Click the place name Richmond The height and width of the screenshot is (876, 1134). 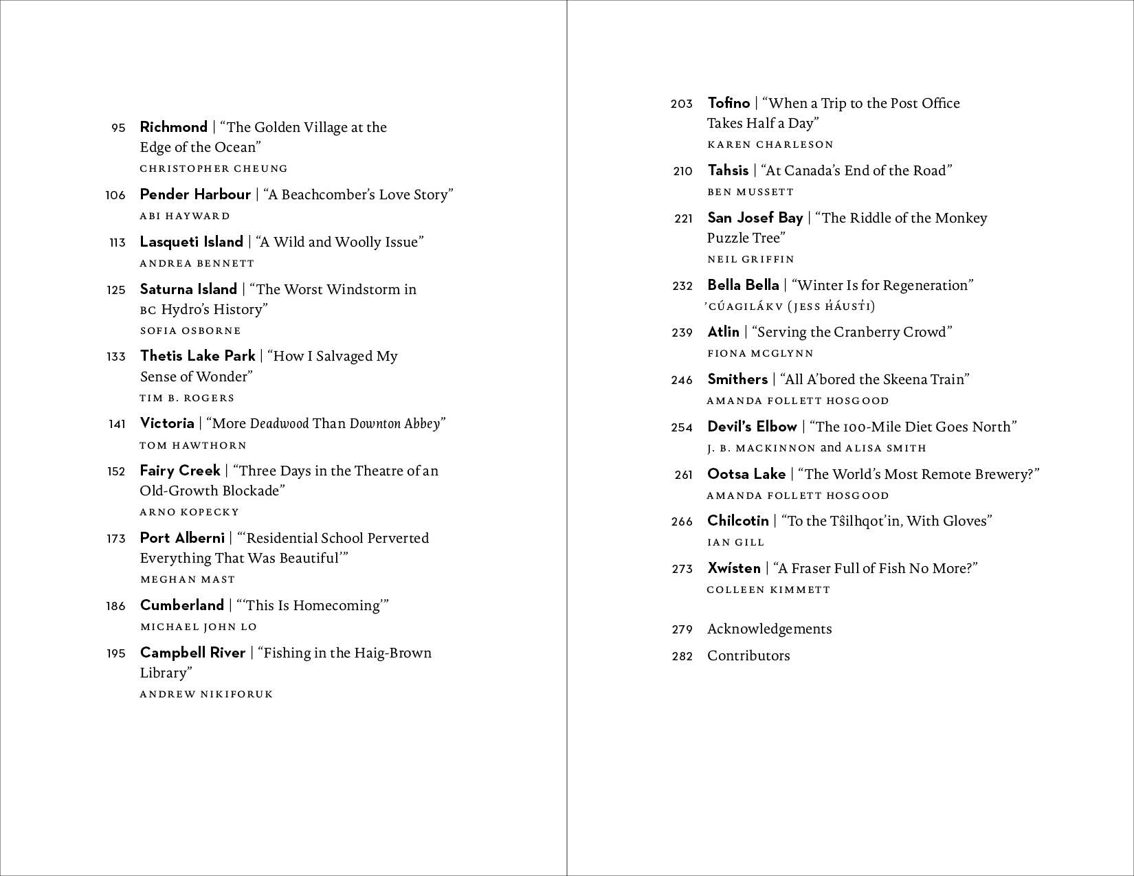173,127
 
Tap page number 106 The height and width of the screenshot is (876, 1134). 115,195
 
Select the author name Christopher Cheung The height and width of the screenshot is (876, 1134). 214,168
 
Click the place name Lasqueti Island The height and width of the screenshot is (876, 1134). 191,242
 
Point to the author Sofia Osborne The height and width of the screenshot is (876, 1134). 190,330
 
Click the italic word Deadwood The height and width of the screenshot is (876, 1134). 279,424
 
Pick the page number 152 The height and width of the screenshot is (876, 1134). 116,471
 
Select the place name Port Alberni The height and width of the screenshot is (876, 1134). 182,538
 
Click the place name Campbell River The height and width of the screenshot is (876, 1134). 192,653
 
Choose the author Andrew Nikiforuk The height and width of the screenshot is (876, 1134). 206,694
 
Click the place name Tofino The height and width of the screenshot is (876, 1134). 729,103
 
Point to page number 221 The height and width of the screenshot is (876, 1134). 683,218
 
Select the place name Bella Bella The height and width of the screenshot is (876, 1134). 743,285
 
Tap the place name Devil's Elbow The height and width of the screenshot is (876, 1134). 752,427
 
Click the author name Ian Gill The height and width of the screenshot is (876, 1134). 735,542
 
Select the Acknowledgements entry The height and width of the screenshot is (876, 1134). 769,629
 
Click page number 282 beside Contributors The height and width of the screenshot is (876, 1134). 682,656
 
